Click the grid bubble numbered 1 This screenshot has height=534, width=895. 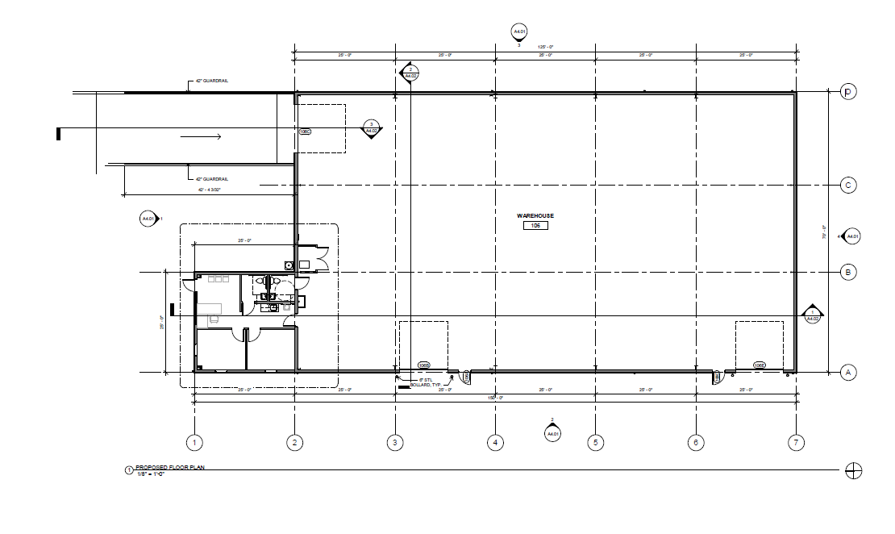click(194, 442)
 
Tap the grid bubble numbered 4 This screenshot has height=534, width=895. click(495, 442)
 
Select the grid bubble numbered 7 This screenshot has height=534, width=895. click(796, 442)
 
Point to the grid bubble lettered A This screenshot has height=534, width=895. click(847, 372)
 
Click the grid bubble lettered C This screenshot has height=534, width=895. click(847, 186)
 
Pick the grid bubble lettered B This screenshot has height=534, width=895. click(847, 272)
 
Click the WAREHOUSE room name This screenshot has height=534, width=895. click(535, 216)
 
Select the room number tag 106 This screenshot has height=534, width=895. click(535, 226)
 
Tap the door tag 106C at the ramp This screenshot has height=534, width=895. click(305, 131)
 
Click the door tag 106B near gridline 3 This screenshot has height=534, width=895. click(423, 365)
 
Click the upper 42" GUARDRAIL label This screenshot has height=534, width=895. click(212, 81)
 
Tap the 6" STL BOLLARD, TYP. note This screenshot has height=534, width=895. click(430, 382)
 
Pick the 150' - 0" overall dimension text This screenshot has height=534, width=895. click(494, 398)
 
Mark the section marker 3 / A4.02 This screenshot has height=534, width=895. click(372, 128)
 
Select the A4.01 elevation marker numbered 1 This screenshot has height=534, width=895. click(149, 219)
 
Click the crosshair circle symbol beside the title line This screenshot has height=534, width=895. click(852, 471)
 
